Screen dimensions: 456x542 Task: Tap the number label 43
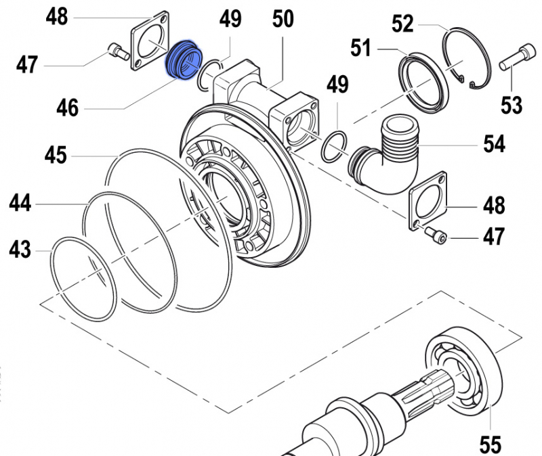(x=20, y=250)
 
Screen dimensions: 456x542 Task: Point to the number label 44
(x=20, y=203)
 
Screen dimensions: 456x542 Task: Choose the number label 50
(x=283, y=19)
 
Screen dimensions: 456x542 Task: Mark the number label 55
(x=489, y=444)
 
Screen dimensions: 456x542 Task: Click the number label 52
(x=402, y=24)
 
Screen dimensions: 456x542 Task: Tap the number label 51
(x=360, y=49)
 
